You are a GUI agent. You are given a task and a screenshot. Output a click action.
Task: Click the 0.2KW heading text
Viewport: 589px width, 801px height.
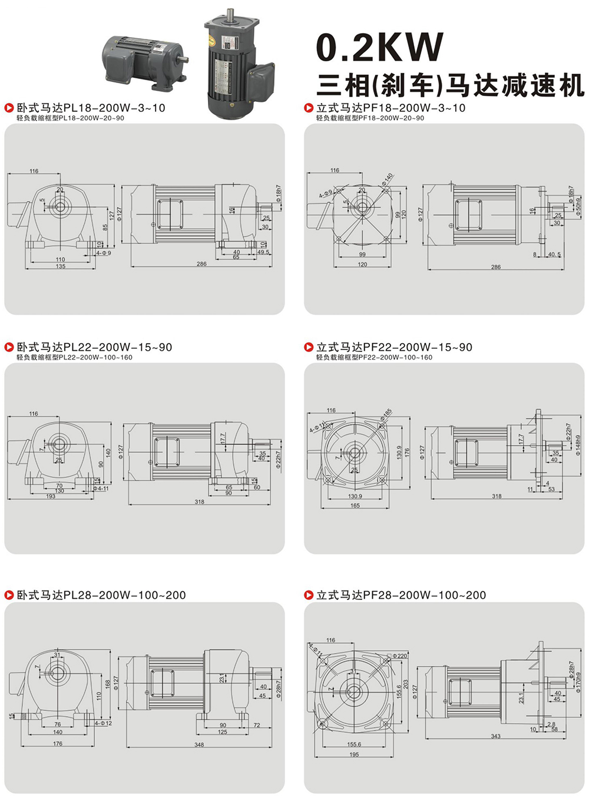(x=380, y=47)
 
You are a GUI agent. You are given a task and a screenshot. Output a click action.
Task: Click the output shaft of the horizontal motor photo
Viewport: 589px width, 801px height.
(x=184, y=58)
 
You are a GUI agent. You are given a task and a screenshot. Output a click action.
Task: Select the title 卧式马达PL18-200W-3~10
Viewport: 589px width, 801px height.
(x=91, y=108)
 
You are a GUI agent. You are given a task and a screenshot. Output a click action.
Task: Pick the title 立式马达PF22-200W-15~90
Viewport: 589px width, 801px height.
(x=394, y=347)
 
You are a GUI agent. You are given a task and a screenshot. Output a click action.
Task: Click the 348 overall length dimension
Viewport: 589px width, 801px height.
(x=199, y=745)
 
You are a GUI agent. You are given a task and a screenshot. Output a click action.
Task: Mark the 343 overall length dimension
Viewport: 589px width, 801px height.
(x=496, y=736)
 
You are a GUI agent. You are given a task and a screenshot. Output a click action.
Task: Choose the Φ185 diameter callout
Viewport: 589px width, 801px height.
(x=386, y=415)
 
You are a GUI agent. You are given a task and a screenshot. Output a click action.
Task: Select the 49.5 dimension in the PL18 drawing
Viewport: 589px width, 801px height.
(x=263, y=252)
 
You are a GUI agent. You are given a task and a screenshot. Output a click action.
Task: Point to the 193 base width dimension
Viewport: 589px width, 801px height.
(x=51, y=496)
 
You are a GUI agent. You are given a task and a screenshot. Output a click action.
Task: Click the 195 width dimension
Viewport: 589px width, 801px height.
(x=354, y=754)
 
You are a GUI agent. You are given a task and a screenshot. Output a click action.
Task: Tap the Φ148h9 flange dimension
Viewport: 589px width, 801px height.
(x=578, y=446)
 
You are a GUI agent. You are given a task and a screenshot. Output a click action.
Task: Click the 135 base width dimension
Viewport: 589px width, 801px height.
(x=60, y=266)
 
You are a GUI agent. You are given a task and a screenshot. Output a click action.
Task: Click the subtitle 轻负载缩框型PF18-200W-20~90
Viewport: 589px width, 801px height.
(x=370, y=118)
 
